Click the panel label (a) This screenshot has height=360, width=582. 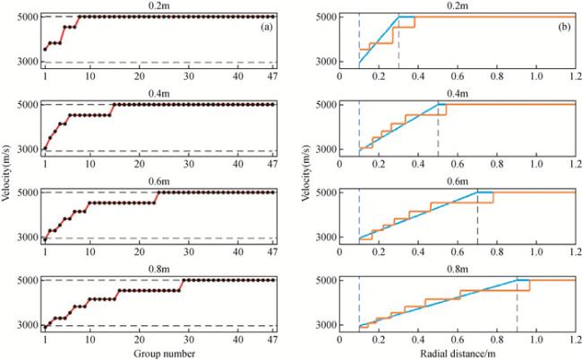pos(266,28)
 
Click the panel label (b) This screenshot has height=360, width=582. pos(566,28)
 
